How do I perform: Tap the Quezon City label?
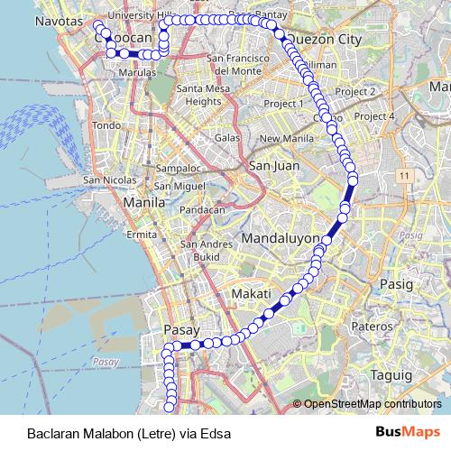click(x=323, y=40)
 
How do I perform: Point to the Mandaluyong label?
click(x=281, y=239)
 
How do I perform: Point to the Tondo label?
click(x=106, y=124)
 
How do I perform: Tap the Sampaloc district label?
click(x=177, y=169)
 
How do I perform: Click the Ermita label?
click(x=142, y=234)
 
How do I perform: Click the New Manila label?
click(x=285, y=138)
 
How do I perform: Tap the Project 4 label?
click(x=375, y=116)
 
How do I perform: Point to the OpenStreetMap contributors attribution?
click(x=373, y=404)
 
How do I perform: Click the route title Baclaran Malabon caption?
click(x=129, y=434)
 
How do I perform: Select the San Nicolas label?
click(x=110, y=179)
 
